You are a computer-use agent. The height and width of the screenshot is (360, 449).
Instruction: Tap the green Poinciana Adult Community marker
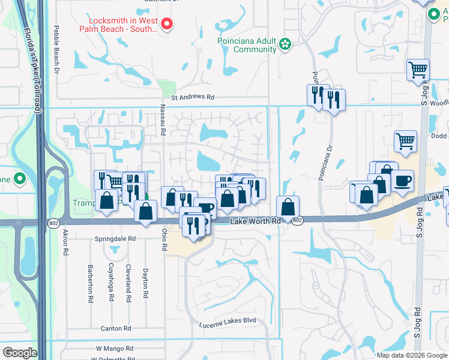click(x=286, y=43)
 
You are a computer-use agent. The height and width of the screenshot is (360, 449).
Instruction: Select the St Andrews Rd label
click(x=193, y=97)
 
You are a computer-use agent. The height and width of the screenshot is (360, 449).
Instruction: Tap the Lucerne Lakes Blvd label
click(x=228, y=320)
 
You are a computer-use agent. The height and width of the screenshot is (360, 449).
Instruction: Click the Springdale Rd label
click(x=116, y=238)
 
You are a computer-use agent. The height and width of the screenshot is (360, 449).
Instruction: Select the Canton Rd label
click(x=116, y=329)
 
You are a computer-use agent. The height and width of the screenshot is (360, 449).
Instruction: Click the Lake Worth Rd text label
click(x=256, y=221)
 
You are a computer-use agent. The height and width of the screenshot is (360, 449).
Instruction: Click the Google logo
click(x=20, y=353)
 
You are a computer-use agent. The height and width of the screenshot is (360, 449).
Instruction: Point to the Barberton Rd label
click(x=91, y=283)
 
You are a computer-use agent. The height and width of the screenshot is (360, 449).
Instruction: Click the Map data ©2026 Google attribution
click(x=411, y=355)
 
